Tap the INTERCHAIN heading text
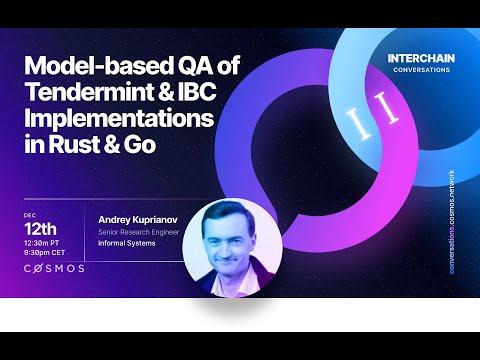coord(420,58)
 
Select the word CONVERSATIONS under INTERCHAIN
coord(420,70)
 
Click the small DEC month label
coord(29,213)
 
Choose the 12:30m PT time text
coord(47,243)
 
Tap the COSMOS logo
coord(54,269)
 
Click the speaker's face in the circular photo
coord(227,241)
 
